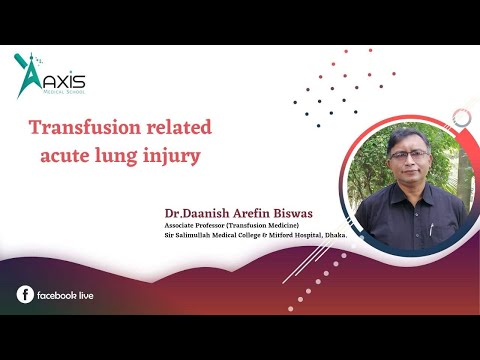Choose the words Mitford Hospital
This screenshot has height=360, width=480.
pyautogui.click(x=289, y=236)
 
